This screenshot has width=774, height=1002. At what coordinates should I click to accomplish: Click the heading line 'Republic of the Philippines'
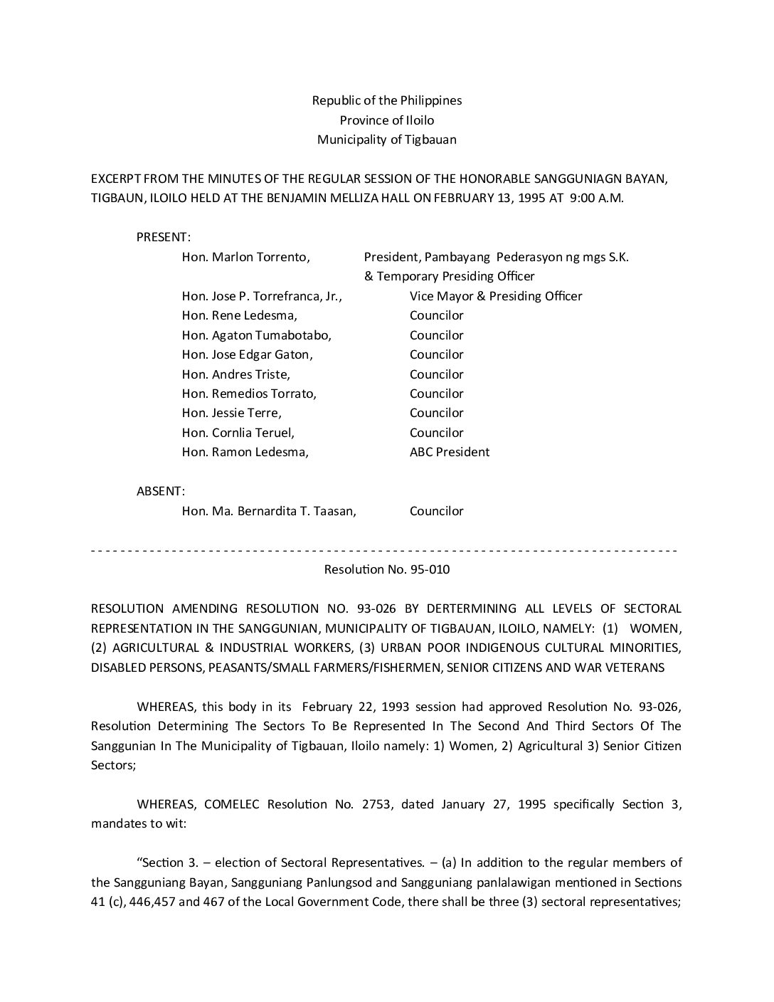point(386,100)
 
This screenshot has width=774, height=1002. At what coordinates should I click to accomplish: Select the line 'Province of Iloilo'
point(386,120)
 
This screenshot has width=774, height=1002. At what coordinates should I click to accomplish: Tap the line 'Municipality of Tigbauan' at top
point(386,139)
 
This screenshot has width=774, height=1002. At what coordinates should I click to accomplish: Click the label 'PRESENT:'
point(163,237)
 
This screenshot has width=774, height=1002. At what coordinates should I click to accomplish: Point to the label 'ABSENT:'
point(161,491)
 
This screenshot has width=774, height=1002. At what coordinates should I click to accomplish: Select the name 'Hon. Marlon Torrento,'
point(245,257)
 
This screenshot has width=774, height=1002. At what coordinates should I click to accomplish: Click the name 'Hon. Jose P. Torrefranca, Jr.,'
point(262,296)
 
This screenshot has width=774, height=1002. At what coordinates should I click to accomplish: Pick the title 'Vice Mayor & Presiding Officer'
point(496,296)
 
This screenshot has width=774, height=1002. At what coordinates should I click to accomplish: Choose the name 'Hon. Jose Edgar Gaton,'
point(247,354)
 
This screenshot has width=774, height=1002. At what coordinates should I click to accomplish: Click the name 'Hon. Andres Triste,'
point(235,374)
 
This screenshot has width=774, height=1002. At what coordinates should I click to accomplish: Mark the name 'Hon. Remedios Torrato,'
point(249,394)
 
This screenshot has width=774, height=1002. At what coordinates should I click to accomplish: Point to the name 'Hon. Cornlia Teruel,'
point(238,433)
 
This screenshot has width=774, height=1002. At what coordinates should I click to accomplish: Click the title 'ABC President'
point(449,452)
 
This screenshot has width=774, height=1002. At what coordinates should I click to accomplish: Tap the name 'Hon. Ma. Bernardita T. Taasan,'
point(269,511)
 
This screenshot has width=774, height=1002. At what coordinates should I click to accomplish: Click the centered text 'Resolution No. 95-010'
point(386,569)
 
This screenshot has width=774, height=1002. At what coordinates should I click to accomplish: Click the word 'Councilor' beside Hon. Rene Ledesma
point(436,315)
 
